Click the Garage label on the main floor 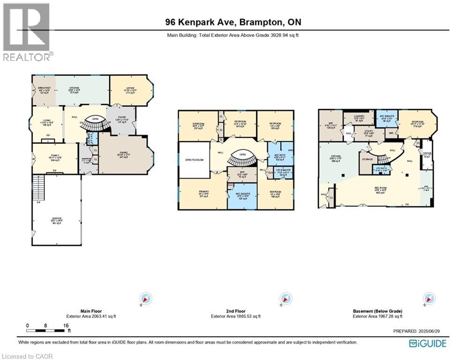57,220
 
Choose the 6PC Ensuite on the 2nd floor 242,195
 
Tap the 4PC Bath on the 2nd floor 280,155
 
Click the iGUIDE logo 427,344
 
